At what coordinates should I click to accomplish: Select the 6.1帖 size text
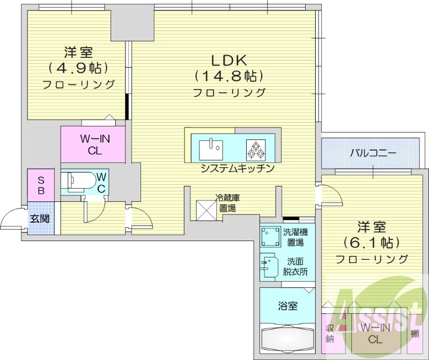coord(372,242)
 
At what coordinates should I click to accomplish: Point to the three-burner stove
coord(255,149)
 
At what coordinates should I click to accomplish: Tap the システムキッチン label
coord(238,168)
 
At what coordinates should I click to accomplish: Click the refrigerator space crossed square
coord(206,209)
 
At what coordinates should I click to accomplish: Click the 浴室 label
coord(287,306)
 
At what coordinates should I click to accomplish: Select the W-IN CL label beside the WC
coord(95,145)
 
